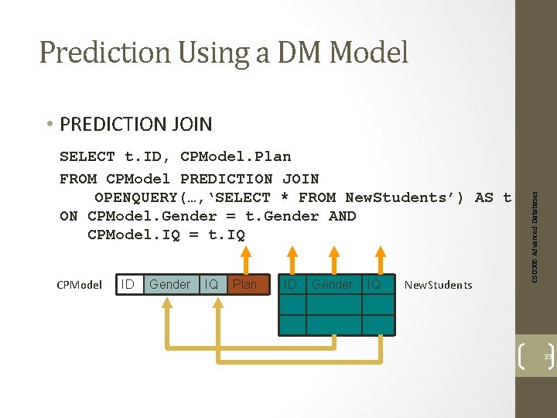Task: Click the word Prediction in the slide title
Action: coord(104,53)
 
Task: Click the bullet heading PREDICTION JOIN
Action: coord(135,124)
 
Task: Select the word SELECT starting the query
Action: coord(87,157)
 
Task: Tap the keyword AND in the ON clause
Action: coord(342,216)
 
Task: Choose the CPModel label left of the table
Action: coord(80,285)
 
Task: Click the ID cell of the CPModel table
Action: coord(128,284)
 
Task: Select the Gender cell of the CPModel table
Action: coord(169,284)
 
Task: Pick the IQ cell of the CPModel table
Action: coord(210,284)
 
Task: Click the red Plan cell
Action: coord(244,284)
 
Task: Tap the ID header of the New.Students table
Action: coord(290,284)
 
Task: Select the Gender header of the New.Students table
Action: coord(332,284)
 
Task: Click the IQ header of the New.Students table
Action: coord(374,284)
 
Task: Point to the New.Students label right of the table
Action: coord(438,285)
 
